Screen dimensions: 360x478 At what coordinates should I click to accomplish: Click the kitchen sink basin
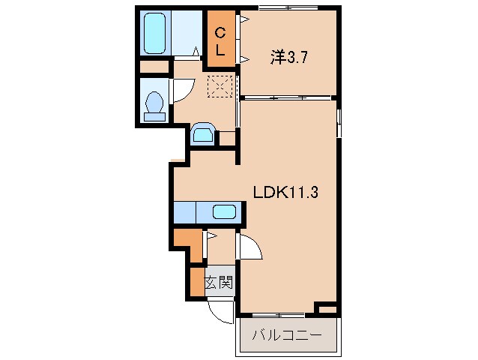pos(224,211)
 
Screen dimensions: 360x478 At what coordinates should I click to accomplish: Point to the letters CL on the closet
pos(220,41)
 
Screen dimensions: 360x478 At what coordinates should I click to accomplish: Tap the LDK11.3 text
pos(286,192)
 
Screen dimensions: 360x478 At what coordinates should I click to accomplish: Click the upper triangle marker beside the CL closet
pos(245,20)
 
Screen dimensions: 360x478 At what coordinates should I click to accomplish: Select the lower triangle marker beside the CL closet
pos(245,59)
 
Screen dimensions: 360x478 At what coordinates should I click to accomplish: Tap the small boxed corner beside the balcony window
pos(327,308)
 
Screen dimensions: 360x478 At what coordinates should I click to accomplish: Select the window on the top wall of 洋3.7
pos(288,9)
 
